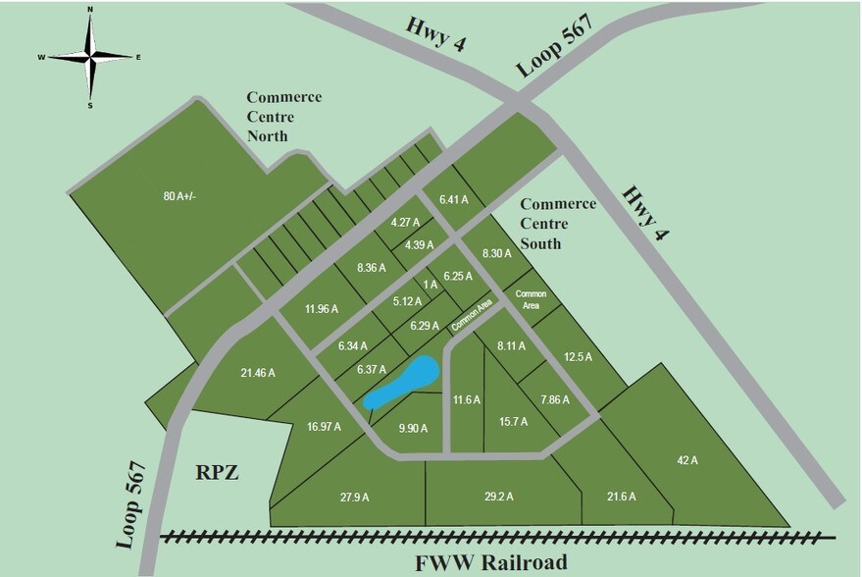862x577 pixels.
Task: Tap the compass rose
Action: (x=90, y=56)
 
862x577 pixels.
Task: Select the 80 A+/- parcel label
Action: (x=179, y=196)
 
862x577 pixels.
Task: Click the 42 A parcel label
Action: (x=686, y=459)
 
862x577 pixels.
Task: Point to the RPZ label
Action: (x=218, y=472)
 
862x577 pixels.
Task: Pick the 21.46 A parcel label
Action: (x=258, y=373)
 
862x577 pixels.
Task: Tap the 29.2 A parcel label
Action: (x=500, y=498)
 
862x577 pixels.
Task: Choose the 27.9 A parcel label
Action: (x=354, y=498)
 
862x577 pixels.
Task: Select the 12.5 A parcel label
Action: (x=578, y=357)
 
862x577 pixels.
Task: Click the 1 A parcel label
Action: (x=430, y=285)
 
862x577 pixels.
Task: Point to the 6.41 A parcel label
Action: (x=454, y=199)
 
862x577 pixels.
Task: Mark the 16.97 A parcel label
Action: (x=325, y=427)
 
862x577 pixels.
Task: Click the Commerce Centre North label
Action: (x=283, y=116)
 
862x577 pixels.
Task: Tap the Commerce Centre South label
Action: (x=557, y=223)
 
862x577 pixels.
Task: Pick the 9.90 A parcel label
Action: (x=414, y=429)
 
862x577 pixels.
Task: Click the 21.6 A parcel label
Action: (x=622, y=498)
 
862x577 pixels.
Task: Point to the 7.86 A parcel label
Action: (x=555, y=399)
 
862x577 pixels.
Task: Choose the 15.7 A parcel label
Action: (x=513, y=422)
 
